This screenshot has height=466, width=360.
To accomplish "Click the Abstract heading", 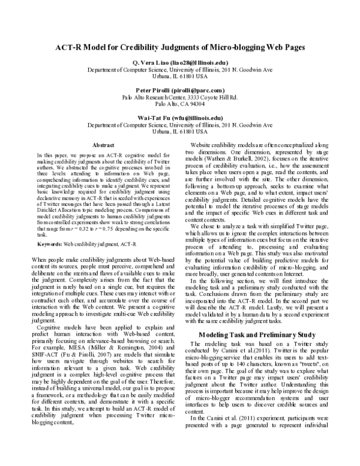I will [104, 145].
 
